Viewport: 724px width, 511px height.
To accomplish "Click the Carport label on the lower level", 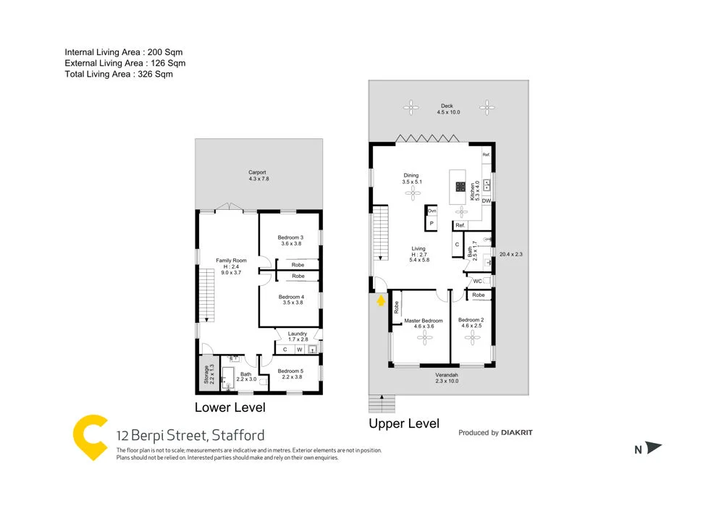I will [x=257, y=172].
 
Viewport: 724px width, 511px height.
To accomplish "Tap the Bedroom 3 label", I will [x=290, y=238].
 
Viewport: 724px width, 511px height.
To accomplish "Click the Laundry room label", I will [x=298, y=334].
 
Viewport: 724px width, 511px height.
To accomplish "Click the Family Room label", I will [x=232, y=261].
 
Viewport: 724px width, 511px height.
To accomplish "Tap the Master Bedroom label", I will [x=424, y=321].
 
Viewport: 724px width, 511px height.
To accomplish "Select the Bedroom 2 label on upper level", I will [x=471, y=320].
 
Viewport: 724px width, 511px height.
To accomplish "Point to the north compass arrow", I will [x=653, y=449].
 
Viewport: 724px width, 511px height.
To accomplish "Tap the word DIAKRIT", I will [x=518, y=433].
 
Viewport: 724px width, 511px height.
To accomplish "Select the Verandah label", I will [x=447, y=375].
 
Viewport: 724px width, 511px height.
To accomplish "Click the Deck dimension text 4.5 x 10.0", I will [x=448, y=112].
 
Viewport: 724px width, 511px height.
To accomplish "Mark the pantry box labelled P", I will [x=432, y=224].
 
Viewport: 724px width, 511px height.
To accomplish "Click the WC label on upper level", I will [x=477, y=281].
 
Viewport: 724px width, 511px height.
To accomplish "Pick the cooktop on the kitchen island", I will [x=460, y=185].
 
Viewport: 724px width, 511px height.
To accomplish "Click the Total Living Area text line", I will [x=119, y=74].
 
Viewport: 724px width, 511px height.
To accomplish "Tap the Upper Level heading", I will [x=404, y=424].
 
